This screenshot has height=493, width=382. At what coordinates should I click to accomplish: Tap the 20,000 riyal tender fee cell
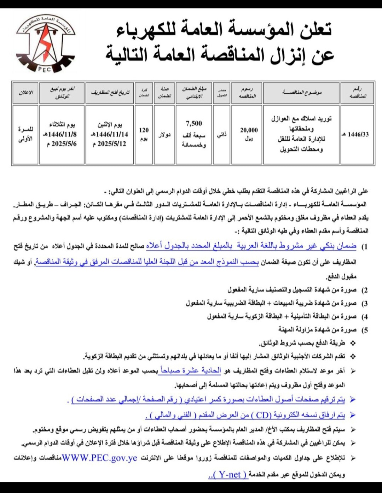249,134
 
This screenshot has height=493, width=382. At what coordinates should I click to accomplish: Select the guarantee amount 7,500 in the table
194,123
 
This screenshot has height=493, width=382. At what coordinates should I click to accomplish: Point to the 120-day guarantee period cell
144,134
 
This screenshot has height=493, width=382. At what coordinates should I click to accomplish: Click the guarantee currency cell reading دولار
164,135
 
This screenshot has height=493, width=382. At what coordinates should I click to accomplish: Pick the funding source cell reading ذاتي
221,135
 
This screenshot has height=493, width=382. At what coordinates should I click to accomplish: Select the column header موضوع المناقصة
301,93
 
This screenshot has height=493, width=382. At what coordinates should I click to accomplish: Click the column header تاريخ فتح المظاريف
110,93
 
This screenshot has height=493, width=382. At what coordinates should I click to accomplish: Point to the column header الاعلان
25,93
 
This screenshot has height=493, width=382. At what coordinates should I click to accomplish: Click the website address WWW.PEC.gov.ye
99,458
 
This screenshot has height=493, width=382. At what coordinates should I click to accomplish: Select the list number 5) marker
364,330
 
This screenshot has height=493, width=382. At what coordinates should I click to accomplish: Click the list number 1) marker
364,247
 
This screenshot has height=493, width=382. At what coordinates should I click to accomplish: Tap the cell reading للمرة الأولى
25,134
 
